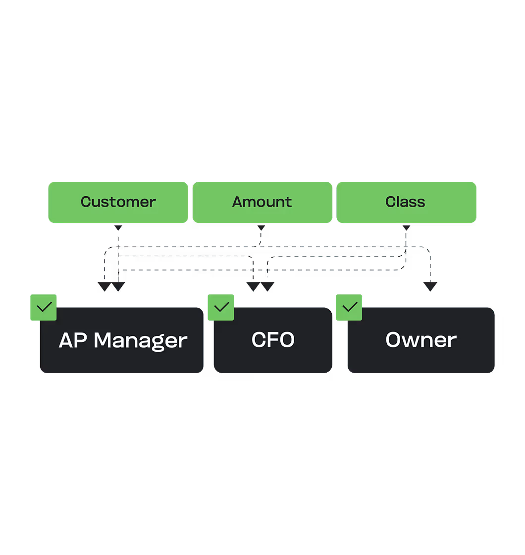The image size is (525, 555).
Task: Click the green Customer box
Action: (118, 202)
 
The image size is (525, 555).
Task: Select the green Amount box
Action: (262, 202)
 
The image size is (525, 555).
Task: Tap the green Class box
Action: (406, 202)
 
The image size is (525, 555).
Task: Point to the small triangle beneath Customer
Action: (118, 228)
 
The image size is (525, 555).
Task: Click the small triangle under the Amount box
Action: (261, 228)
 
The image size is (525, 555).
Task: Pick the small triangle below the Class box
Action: (406, 228)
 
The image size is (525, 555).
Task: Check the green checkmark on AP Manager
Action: (44, 307)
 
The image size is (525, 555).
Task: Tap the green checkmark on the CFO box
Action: (221, 307)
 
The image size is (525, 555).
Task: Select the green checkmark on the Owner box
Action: (349, 307)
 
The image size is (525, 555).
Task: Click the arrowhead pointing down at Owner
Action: (430, 286)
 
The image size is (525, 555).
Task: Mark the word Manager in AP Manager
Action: (140, 340)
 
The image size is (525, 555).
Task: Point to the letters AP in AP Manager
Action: (73, 340)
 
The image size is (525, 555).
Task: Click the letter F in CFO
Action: (273, 340)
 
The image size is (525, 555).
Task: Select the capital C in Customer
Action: (86, 202)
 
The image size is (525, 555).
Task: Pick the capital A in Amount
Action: (237, 202)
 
